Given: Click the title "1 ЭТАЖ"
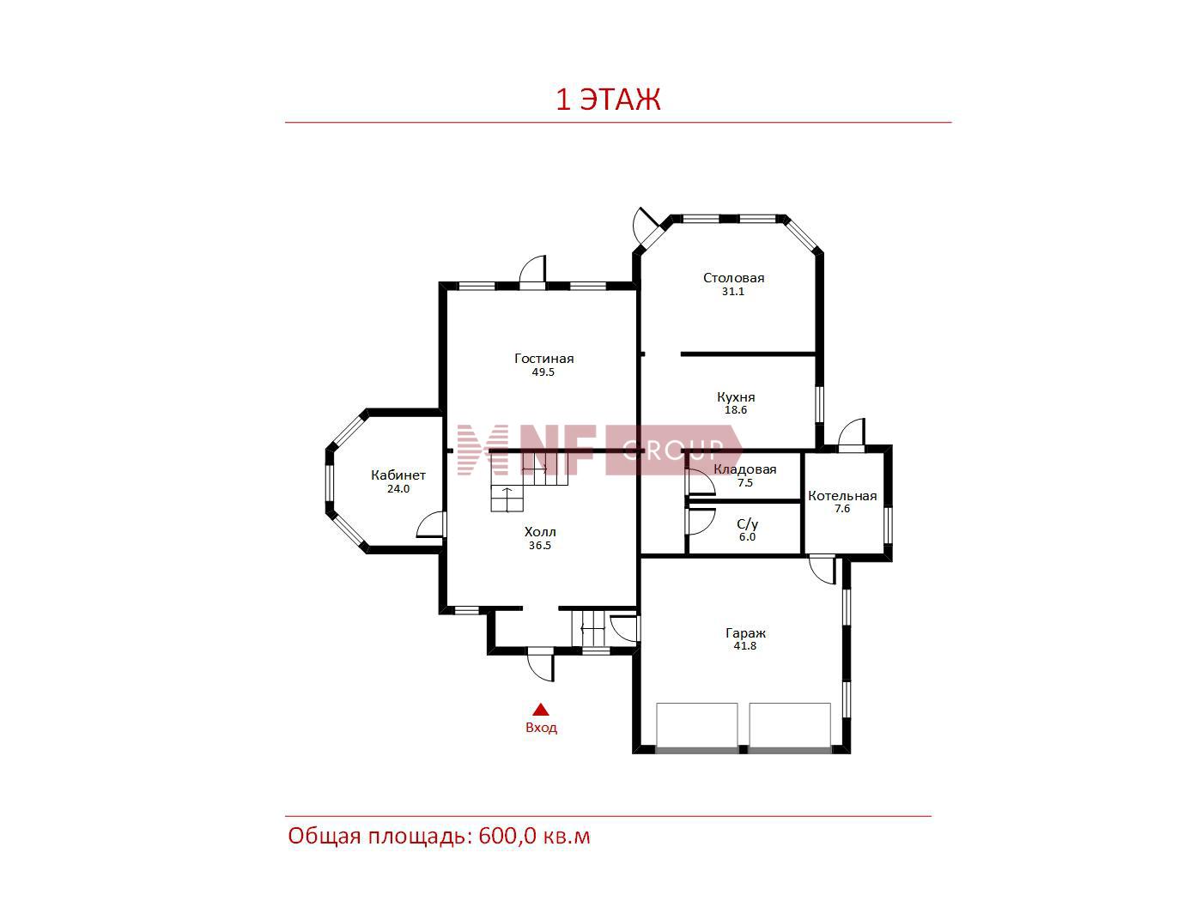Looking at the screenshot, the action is pos(608,100).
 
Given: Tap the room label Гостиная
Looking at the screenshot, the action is pos(543,359).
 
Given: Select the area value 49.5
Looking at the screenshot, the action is pos(543,372).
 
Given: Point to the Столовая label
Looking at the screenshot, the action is pos(733,278).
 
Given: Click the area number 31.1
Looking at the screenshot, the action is pos(732,292).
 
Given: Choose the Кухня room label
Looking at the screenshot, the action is pos(736,397).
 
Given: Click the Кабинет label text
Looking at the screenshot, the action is pos(398,475).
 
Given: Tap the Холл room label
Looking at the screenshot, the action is pos(540,532).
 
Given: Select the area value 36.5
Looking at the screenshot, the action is pos(540,546).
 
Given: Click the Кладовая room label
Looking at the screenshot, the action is pos(744,469).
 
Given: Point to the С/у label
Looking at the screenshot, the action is pos(748,524).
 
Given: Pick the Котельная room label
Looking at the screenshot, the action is pos(842,496).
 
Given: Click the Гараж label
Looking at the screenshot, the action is pos(745,633).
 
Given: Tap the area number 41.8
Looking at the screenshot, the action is pos(744,646).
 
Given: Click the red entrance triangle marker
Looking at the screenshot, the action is pos(541,710).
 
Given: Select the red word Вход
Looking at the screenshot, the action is pos(541,728).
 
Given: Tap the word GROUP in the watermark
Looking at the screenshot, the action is pos(674,450).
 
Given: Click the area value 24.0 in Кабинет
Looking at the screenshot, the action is pos(398,489).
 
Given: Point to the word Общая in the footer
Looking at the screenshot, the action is pos(325,837).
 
